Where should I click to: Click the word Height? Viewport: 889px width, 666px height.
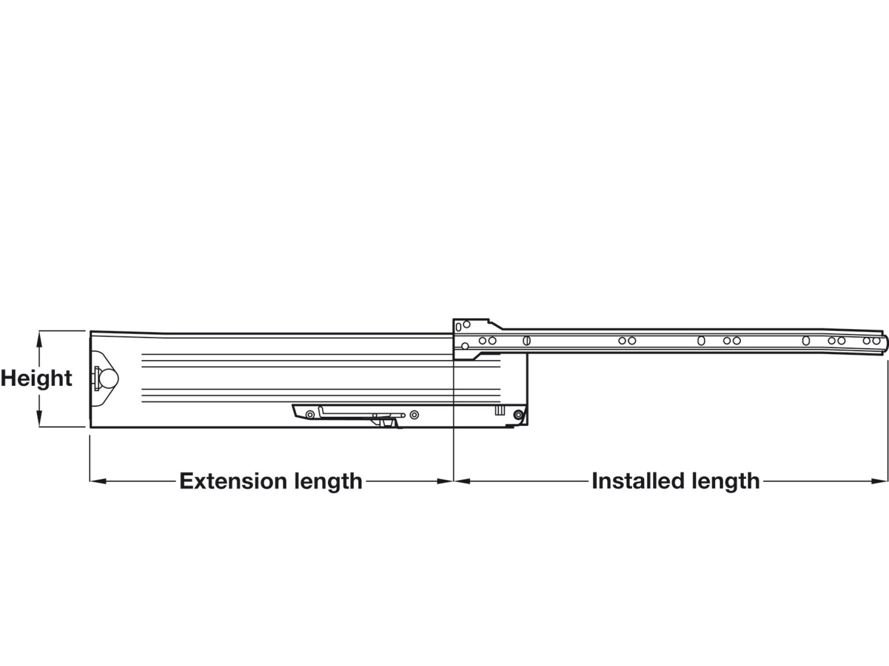[x=37, y=378]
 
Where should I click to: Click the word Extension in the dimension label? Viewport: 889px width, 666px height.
[x=233, y=481]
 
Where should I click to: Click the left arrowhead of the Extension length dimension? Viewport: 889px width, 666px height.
[x=98, y=481]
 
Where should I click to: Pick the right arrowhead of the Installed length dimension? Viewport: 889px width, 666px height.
[x=880, y=481]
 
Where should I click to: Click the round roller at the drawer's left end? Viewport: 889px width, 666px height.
[x=109, y=379]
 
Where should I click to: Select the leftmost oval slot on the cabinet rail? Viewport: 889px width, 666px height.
[x=526, y=340]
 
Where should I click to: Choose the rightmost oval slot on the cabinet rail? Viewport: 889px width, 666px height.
[x=806, y=340]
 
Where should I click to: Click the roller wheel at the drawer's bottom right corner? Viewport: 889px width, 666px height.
[x=518, y=415]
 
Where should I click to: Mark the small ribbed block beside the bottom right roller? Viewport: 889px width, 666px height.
[x=499, y=410]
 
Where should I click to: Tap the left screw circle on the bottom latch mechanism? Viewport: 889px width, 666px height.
[x=310, y=415]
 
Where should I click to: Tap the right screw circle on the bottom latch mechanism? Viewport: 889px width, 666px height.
[x=414, y=415]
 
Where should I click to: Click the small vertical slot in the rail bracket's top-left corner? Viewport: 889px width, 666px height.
[x=458, y=327]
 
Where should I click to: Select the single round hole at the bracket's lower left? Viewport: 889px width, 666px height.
[x=464, y=346]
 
